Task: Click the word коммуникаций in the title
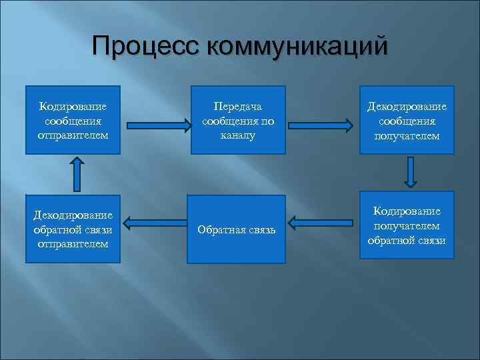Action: coord(297,47)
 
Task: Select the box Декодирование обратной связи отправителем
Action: coord(73,229)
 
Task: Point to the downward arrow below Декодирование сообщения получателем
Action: coord(411,173)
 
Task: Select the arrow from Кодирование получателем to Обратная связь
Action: coord(323,221)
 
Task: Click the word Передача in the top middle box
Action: coord(238,107)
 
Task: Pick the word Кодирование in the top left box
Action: coord(73,106)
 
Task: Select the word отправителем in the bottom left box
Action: coord(73,243)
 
